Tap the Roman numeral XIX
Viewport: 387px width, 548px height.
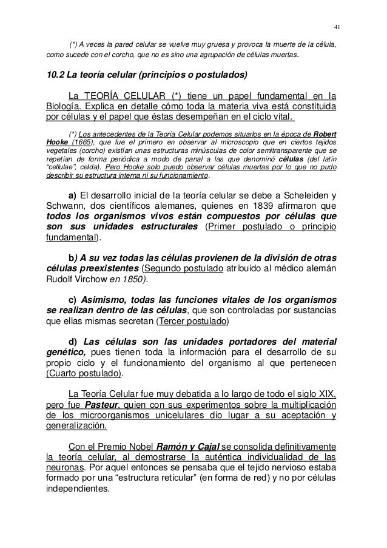pos(326,394)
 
